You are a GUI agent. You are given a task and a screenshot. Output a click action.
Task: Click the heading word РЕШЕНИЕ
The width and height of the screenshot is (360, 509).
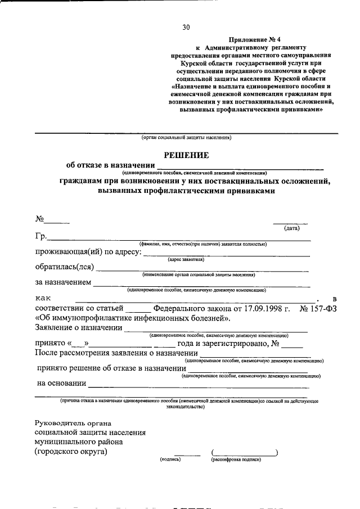pos(186,155)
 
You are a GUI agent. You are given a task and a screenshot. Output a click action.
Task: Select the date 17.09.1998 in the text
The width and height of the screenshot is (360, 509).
pos(264,309)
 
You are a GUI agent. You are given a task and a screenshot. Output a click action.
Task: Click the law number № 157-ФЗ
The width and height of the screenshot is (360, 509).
pos(319,309)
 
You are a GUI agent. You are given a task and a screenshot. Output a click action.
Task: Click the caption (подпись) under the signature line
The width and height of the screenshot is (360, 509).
pos(170,460)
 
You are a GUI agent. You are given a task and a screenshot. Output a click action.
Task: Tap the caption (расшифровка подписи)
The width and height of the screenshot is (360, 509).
pos(237,460)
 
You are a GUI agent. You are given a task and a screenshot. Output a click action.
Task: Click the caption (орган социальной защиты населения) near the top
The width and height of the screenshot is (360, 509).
pos(186,138)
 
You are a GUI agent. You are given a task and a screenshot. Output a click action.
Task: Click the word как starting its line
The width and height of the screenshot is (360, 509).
pos(44,298)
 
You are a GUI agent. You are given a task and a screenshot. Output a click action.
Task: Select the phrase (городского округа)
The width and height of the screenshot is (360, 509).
pos(70,451)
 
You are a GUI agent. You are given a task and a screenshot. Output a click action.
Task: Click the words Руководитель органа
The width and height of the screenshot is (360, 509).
pos(73,423)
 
